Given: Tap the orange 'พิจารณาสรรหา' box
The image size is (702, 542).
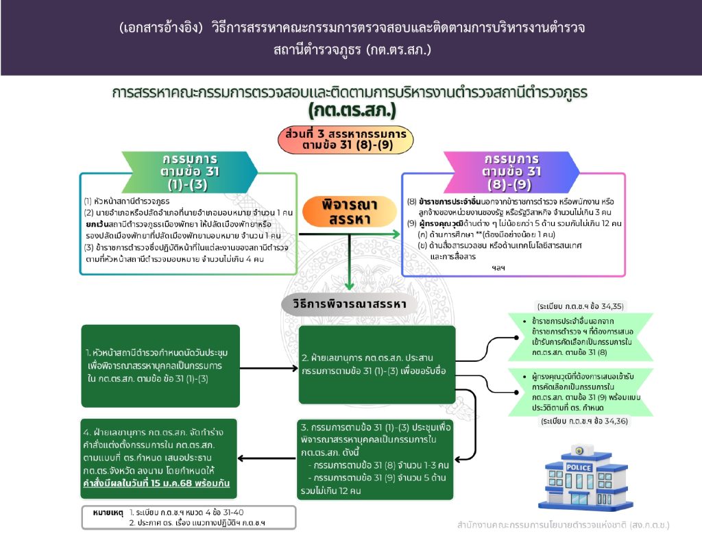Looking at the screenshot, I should click(x=350, y=212).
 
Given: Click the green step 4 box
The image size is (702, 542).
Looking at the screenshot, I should click(x=160, y=458).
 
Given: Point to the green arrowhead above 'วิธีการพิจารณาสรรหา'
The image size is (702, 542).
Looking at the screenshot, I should click(x=350, y=284).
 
